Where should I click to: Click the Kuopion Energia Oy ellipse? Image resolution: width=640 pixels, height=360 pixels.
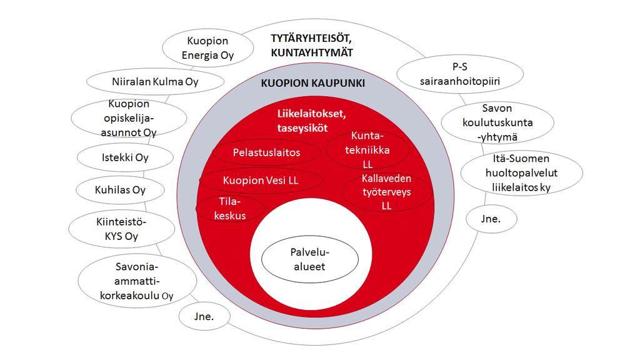(207, 47)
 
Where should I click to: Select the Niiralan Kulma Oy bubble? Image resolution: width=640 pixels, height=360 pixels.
(155, 82)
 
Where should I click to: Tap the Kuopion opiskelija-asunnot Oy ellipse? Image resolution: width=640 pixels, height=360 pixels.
(129, 118)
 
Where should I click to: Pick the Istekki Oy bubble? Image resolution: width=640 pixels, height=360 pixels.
(125, 157)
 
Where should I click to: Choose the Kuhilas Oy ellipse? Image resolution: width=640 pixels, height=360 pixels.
(120, 190)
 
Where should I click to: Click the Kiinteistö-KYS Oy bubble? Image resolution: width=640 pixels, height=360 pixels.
(122, 229)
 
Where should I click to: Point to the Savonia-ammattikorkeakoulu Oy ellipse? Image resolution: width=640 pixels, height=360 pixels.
(137, 281)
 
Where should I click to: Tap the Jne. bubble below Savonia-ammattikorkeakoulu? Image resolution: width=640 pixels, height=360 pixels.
(204, 316)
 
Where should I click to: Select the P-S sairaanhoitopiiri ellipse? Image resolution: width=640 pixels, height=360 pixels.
(460, 74)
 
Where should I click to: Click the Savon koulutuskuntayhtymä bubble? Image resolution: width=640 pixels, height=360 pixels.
(497, 122)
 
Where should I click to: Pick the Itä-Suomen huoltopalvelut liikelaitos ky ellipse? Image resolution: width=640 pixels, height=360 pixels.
(522, 172)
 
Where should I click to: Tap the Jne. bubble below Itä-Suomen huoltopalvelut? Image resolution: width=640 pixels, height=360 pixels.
(491, 219)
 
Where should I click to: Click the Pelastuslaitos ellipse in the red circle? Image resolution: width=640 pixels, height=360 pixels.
(266, 152)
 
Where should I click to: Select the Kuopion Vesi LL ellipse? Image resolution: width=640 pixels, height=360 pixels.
(261, 180)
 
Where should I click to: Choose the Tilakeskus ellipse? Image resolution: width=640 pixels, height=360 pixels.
(230, 208)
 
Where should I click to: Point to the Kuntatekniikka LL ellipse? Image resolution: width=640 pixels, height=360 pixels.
(367, 150)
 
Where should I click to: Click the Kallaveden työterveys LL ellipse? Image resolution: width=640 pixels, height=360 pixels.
(387, 192)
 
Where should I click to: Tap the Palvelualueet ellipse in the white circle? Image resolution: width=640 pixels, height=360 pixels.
(310, 259)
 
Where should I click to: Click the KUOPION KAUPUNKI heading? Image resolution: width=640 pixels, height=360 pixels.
(313, 83)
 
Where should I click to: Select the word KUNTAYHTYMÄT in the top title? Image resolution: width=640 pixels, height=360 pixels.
(312, 52)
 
